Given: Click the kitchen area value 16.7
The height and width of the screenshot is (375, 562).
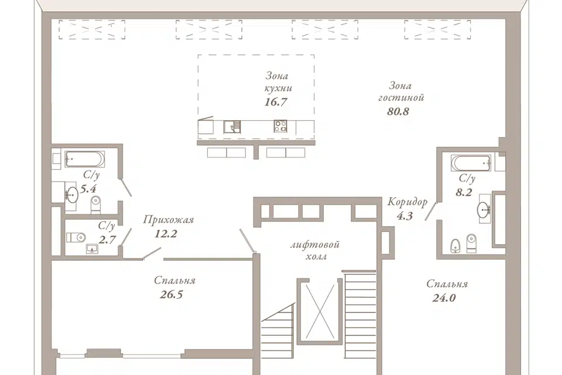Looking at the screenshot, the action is [276, 102].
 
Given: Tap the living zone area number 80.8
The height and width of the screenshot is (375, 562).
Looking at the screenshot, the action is [398, 111].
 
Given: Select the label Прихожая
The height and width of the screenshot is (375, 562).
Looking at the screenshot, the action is [169, 220].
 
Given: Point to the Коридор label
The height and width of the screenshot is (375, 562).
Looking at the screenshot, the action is [407, 202].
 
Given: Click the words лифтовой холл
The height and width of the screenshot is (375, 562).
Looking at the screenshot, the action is [315, 250].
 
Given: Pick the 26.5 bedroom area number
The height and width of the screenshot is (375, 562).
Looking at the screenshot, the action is [172, 295].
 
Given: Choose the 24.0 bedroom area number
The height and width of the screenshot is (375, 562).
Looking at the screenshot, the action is [444, 298].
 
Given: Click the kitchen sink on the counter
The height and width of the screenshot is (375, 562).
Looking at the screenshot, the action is [232, 127].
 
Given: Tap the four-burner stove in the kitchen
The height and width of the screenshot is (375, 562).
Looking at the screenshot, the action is [280, 126].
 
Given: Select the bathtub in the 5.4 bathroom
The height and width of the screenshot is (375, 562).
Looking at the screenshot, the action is [84, 159].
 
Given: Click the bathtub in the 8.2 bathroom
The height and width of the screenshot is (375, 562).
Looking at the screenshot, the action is [471, 163].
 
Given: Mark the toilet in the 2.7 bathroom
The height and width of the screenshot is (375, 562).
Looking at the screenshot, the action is [76, 237].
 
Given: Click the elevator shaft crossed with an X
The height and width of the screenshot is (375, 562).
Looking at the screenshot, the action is [320, 312].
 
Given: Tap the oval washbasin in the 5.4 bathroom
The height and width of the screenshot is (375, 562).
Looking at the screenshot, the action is [71, 195].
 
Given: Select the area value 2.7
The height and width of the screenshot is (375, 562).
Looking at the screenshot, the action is [107, 239].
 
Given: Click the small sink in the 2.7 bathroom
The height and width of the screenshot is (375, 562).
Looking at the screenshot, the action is [93, 248].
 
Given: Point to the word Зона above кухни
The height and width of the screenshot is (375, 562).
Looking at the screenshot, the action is [277, 76].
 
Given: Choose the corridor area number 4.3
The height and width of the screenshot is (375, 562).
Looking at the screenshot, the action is [405, 216].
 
